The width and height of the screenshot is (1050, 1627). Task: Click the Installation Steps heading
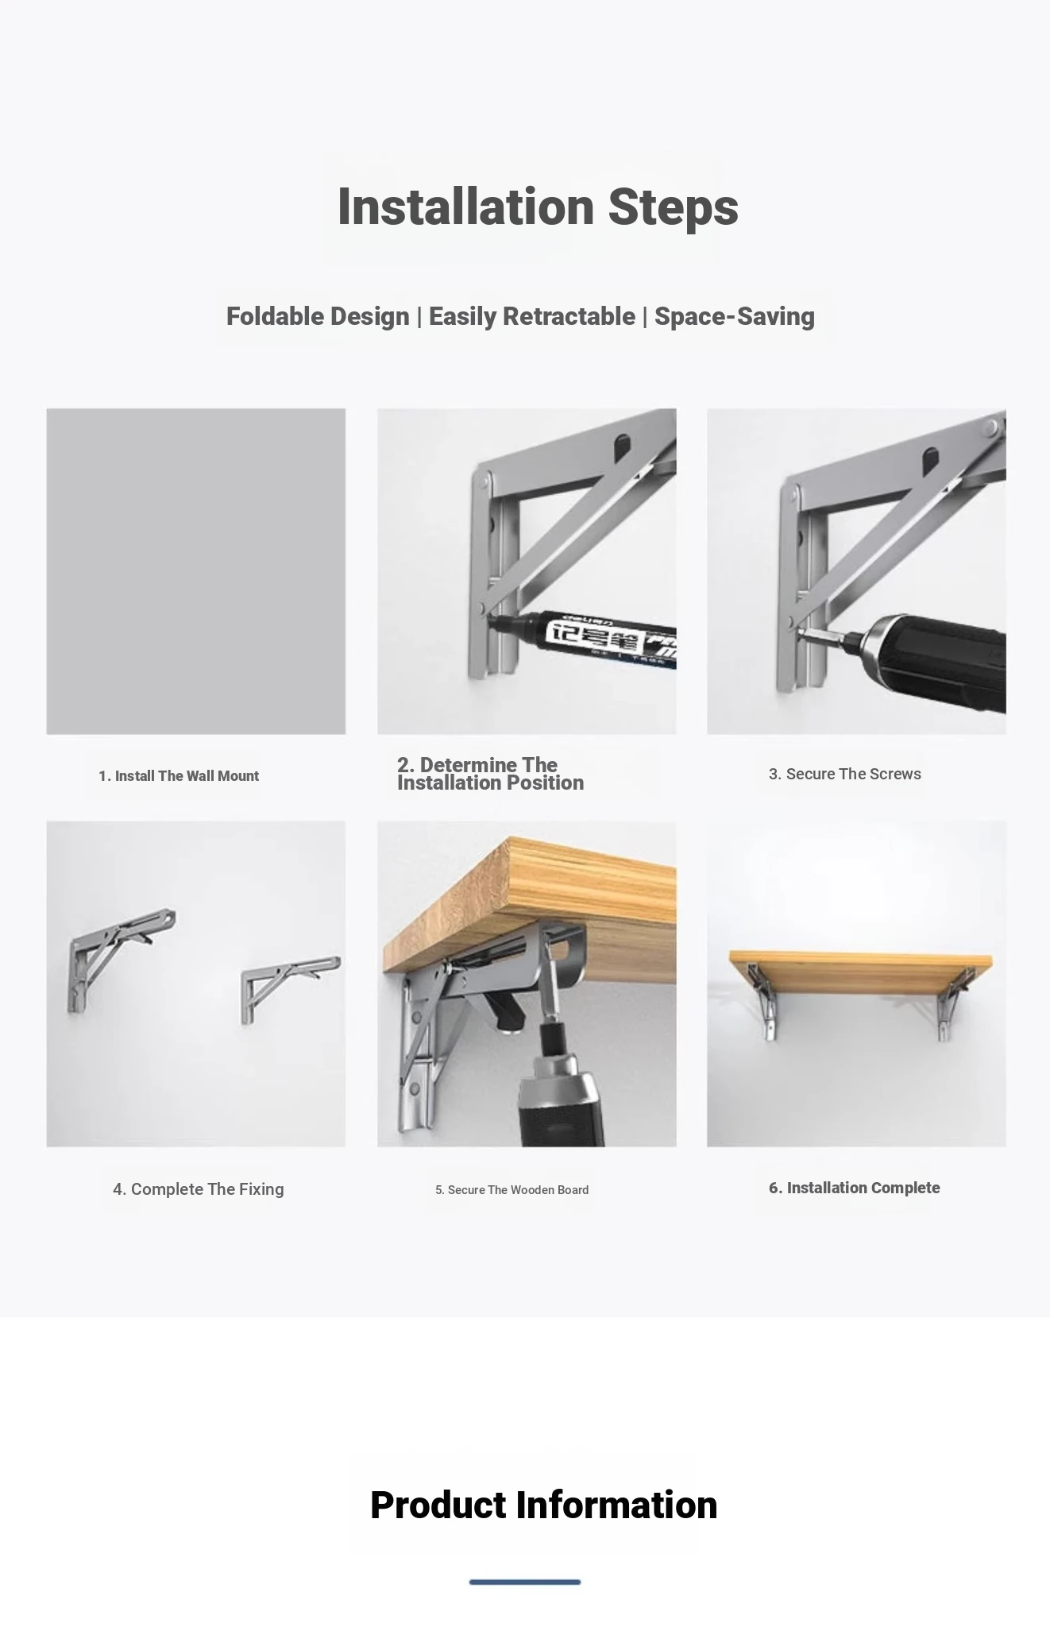pos(538,207)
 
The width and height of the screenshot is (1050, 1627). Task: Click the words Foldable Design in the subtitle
pos(318,316)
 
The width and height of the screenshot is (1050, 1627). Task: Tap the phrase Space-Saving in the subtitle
pos(735,316)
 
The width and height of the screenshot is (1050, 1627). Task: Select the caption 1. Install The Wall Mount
pos(179,776)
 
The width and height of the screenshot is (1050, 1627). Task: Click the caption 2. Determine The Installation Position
pos(490,774)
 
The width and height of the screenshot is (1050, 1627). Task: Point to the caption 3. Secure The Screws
pos(845,774)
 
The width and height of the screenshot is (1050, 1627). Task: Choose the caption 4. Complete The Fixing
pos(199,1189)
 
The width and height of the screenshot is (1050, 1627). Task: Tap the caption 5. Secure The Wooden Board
pos(512,1190)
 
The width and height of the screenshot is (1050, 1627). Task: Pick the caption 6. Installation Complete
pos(855,1188)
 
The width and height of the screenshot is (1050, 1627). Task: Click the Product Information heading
pos(544,1505)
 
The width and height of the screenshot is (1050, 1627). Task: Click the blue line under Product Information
pos(525,1582)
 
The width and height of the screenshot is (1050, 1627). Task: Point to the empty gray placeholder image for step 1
pos(196,571)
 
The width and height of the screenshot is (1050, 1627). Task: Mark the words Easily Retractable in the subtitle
pos(532,316)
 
